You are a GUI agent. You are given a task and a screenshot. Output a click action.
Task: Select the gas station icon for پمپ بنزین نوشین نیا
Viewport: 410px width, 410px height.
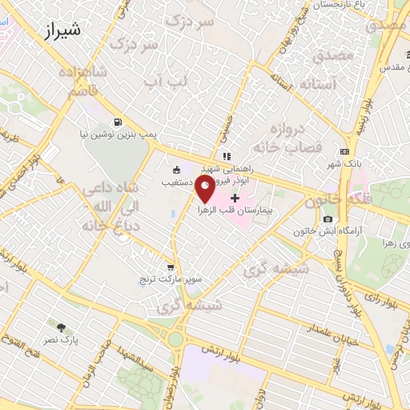pos(119,123)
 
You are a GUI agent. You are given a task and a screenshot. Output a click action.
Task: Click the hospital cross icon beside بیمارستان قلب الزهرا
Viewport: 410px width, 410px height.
pos(235,198)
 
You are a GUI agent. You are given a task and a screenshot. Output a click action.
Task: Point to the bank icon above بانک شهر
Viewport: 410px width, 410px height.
pos(344,151)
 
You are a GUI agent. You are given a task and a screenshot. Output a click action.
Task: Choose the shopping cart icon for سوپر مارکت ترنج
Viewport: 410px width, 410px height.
pos(169,267)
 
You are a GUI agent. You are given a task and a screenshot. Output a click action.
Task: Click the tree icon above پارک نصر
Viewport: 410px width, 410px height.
pos(61,327)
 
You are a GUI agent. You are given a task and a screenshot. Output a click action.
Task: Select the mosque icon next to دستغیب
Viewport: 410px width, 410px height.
pos(176,169)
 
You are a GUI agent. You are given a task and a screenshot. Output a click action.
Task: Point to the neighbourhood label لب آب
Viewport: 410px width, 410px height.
pos(167,80)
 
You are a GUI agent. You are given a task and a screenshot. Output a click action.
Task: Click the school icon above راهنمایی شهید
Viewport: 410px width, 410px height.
pos(227,156)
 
